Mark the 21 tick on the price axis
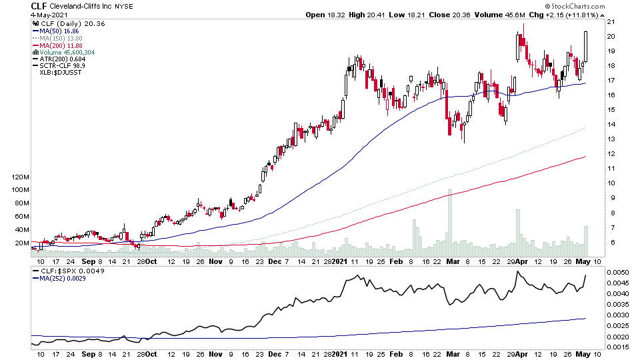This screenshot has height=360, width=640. pos(608,22)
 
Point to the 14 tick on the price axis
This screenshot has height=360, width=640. pos(608,125)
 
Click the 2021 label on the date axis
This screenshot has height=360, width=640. pos(340,261)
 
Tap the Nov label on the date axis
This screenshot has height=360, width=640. pos(215,261)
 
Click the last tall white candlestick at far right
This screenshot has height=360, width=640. pos(586,47)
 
